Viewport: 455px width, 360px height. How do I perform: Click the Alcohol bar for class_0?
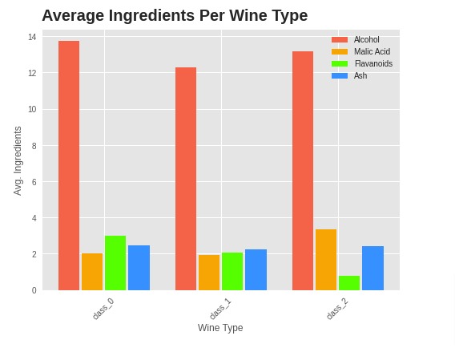pyautogui.click(x=69, y=165)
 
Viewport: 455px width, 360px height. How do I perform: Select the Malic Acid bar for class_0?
pyautogui.click(x=92, y=272)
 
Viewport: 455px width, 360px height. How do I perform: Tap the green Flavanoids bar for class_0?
pyautogui.click(x=115, y=263)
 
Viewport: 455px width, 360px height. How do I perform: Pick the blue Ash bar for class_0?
pyautogui.click(x=139, y=268)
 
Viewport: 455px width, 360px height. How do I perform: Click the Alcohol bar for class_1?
pyautogui.click(x=186, y=179)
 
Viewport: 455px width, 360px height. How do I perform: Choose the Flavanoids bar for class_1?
pyautogui.click(x=232, y=271)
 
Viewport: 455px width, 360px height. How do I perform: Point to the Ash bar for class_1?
pyautogui.click(x=256, y=269)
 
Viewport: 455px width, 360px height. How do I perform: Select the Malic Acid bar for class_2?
pyautogui.click(x=326, y=260)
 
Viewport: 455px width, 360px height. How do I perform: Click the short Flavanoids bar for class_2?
pyautogui.click(x=349, y=283)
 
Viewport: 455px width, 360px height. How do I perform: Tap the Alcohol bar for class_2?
pyautogui.click(x=303, y=171)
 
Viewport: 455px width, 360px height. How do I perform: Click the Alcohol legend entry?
pyautogui.click(x=366, y=39)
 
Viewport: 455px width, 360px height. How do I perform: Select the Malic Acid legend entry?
pyautogui.click(x=372, y=51)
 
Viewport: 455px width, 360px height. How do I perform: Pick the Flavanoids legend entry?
pyautogui.click(x=372, y=63)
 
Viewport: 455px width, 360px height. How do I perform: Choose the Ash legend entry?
pyautogui.click(x=360, y=75)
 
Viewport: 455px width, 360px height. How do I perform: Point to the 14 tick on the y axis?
pyautogui.click(x=32, y=37)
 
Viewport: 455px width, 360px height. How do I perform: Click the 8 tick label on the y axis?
pyautogui.click(x=34, y=146)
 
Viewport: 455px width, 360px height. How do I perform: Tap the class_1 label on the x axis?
pyautogui.click(x=219, y=309)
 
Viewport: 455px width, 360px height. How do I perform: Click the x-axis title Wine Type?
pyautogui.click(x=220, y=328)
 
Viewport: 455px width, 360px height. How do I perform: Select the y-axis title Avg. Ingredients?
pyautogui.click(x=18, y=160)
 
